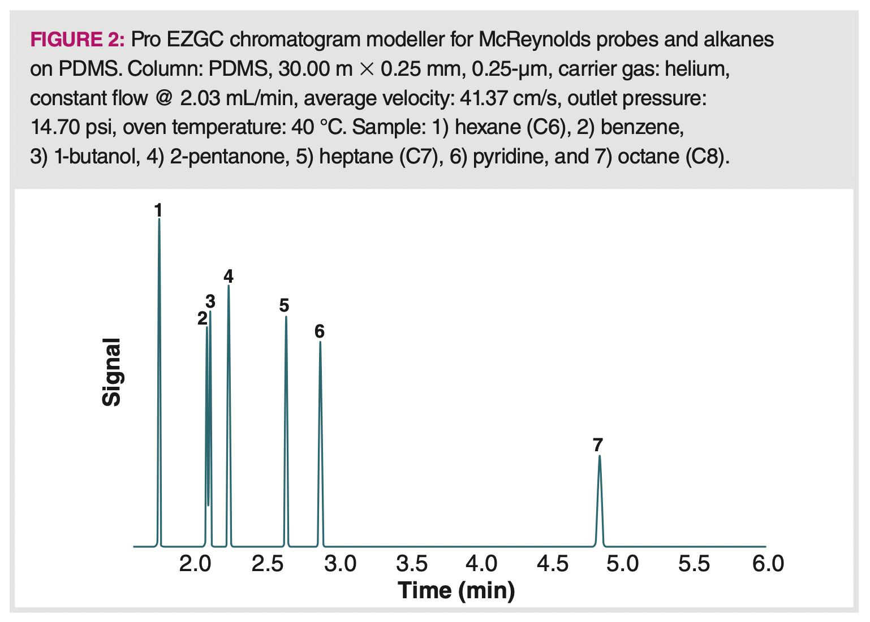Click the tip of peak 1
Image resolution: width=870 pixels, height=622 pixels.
click(x=159, y=219)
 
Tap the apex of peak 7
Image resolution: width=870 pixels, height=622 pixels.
click(x=599, y=456)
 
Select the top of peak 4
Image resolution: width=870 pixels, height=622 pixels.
click(x=229, y=286)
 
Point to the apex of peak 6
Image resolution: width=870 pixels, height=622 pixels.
click(x=320, y=342)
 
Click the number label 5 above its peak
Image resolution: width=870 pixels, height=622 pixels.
click(x=284, y=306)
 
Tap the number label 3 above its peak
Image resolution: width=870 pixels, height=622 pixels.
click(x=210, y=301)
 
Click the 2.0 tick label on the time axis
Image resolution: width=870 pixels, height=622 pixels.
click(x=195, y=564)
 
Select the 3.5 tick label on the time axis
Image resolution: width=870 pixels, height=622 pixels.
click(x=411, y=564)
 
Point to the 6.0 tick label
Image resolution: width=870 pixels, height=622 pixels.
click(x=768, y=564)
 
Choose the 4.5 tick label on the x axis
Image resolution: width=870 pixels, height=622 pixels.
click(x=553, y=564)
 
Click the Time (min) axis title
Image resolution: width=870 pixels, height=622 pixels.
click(x=456, y=591)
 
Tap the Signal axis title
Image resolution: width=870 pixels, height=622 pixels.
click(x=111, y=372)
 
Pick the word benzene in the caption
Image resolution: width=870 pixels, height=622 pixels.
click(x=641, y=127)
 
